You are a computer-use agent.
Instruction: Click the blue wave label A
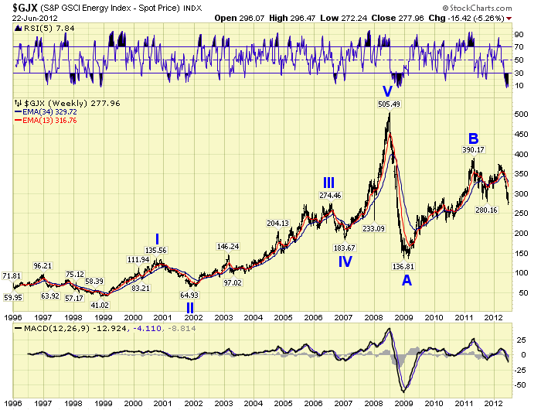coord(407,280)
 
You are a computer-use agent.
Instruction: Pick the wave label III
coord(328,183)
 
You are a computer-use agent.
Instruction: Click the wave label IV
coord(345,261)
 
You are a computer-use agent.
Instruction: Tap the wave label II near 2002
coord(190,307)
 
